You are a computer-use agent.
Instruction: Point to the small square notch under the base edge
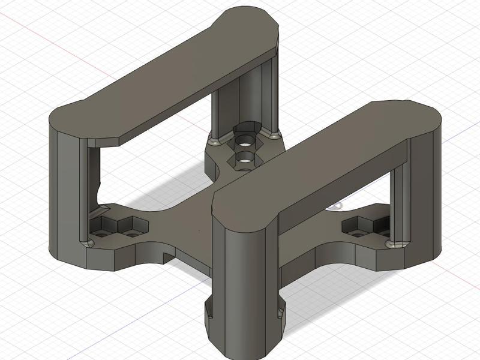[x=167, y=256]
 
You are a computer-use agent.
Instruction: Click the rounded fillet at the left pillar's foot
[x=89, y=242]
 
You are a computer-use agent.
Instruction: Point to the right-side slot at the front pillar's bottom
[x=280, y=311]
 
